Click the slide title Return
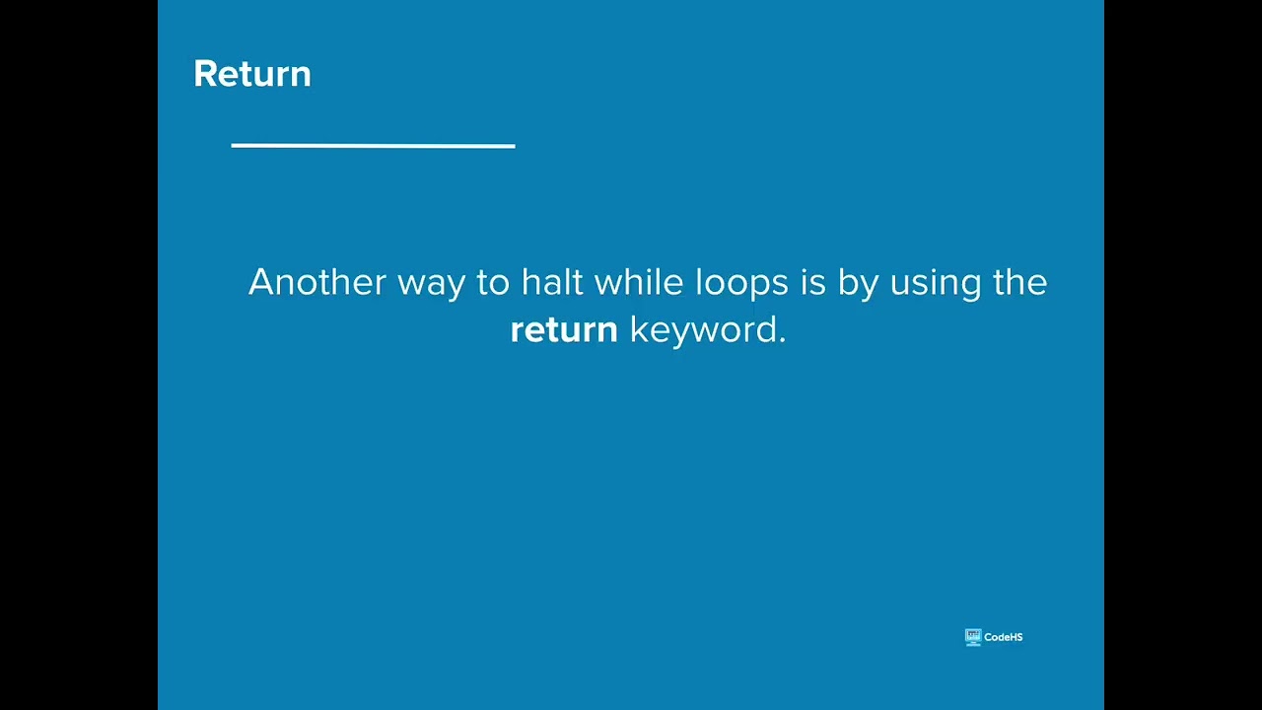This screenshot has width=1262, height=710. [252, 74]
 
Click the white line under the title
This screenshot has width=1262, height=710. [373, 146]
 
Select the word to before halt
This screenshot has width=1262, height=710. [493, 282]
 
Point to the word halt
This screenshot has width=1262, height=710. [552, 282]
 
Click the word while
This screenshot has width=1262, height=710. [638, 282]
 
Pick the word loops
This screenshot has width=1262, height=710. [741, 284]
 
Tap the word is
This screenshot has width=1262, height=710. [812, 282]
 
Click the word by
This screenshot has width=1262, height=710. [858, 284]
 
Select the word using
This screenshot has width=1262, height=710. [936, 284]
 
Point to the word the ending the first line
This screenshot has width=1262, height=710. [1019, 282]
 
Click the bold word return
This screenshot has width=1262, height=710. [564, 329]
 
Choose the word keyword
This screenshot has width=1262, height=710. [703, 330]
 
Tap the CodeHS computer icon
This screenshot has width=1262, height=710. [973, 637]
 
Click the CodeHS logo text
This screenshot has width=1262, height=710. [1003, 637]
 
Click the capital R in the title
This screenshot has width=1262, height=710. [204, 74]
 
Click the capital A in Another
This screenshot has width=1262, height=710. [260, 282]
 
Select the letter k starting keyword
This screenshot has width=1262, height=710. [637, 329]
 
